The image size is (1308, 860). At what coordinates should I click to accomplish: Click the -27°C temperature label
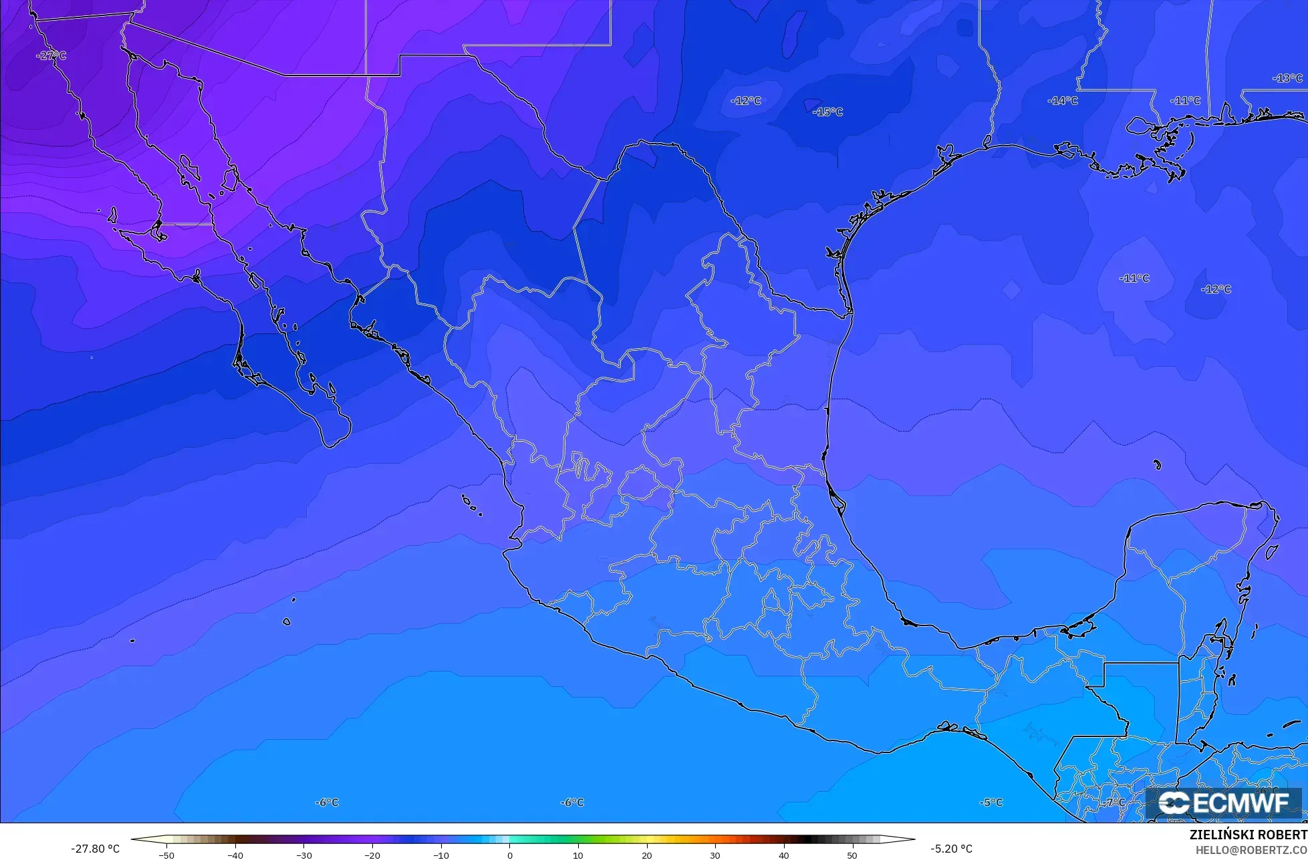pyautogui.click(x=51, y=55)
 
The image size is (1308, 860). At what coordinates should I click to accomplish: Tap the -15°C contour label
pyautogui.click(x=827, y=112)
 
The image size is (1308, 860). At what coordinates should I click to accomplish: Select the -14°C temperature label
pyautogui.click(x=1062, y=101)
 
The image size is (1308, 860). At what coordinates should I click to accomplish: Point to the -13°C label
pyautogui.click(x=1287, y=78)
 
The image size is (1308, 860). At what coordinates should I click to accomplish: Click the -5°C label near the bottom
pyautogui.click(x=991, y=802)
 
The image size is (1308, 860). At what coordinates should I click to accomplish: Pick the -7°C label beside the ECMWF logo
pyautogui.click(x=1115, y=802)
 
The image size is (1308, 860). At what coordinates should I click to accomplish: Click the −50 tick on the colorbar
pyautogui.click(x=167, y=855)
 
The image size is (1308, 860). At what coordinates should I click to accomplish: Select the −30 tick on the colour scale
pyautogui.click(x=304, y=855)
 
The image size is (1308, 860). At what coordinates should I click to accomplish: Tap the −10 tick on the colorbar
pyautogui.click(x=441, y=855)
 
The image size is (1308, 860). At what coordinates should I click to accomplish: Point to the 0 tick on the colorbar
pyautogui.click(x=510, y=855)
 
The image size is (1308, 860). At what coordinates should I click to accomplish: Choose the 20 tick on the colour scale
pyautogui.click(x=646, y=855)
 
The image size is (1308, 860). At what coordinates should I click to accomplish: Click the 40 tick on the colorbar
pyautogui.click(x=783, y=855)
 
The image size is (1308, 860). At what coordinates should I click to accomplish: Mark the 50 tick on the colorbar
pyautogui.click(x=852, y=855)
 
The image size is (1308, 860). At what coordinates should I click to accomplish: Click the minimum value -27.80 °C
pyautogui.click(x=95, y=849)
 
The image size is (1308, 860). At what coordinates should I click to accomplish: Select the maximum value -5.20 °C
pyautogui.click(x=951, y=849)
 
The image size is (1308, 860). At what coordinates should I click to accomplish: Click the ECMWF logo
pyautogui.click(x=1224, y=803)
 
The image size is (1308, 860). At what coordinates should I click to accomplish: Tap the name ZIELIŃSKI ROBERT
pyautogui.click(x=1248, y=835)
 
